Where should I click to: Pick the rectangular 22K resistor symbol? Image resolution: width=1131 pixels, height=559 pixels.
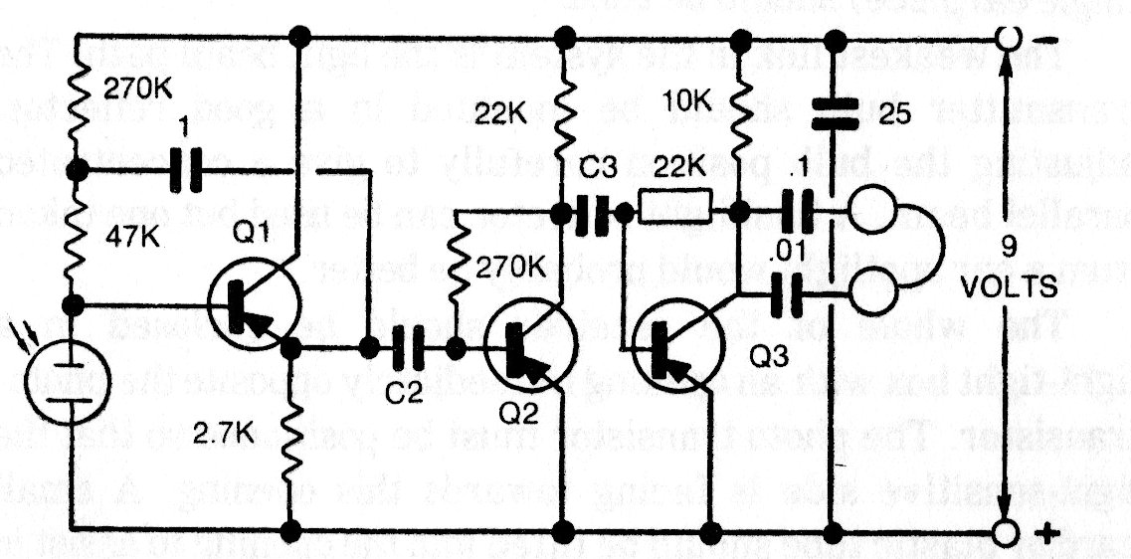[675, 211]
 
